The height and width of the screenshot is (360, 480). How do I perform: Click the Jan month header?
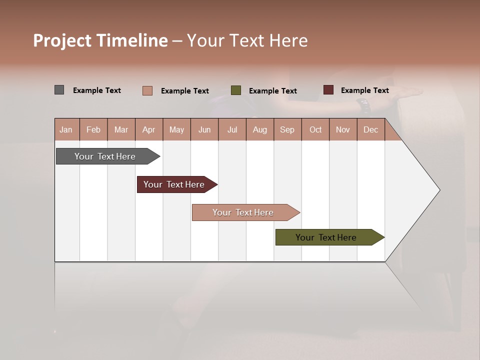tap(66, 129)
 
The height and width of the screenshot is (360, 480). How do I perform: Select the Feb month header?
tap(93, 129)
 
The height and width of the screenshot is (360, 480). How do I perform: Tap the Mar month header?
tap(121, 129)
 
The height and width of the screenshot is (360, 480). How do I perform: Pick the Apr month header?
tap(149, 129)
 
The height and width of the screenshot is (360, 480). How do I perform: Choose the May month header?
tap(176, 129)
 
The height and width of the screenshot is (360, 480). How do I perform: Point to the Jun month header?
tap(204, 129)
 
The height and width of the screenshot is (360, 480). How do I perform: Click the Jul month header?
tap(232, 129)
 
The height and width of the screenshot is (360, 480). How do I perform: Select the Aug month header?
tap(260, 129)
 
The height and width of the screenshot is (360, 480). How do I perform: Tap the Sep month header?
tap(287, 129)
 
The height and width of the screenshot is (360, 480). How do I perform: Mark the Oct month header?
tap(315, 129)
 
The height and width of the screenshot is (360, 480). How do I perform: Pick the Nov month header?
tap(343, 129)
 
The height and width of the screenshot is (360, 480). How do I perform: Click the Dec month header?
tap(371, 129)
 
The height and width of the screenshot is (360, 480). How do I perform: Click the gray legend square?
tap(59, 90)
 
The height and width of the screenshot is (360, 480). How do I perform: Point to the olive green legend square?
tap(236, 90)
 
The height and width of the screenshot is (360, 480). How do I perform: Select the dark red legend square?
tap(328, 90)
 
